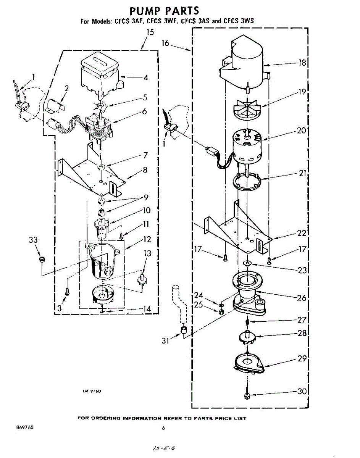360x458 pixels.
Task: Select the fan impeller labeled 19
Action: coord(247,106)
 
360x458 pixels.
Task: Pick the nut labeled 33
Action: coord(42,260)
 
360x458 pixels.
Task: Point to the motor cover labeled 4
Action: coord(100,74)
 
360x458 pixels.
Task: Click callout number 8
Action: coord(145,170)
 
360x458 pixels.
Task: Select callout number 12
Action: coord(147,240)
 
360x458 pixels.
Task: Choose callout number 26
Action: coord(302,297)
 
